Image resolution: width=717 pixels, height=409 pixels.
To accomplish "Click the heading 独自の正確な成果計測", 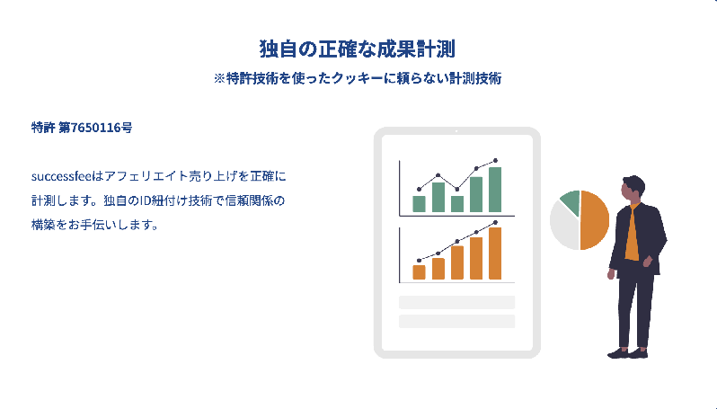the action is pyautogui.click(x=357, y=49).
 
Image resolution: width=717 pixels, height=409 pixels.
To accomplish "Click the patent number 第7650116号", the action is pyautogui.click(x=95, y=127).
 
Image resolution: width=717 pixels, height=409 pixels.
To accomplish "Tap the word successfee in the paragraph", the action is pyautogui.click(x=62, y=176).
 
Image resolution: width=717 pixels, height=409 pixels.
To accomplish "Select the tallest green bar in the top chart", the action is pyautogui.click(x=495, y=190).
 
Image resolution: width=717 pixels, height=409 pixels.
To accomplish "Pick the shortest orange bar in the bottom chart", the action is pyautogui.click(x=419, y=272).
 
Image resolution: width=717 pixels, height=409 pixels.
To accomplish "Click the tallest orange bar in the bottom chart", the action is pyautogui.click(x=495, y=253).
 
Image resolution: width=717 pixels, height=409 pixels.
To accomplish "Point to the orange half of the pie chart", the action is pyautogui.click(x=595, y=220).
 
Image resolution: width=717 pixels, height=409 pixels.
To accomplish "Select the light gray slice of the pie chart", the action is pyautogui.click(x=564, y=227).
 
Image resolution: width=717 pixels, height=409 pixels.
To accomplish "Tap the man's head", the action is pyautogui.click(x=633, y=188).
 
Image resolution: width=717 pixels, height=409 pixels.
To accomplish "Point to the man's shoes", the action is pyautogui.click(x=627, y=353).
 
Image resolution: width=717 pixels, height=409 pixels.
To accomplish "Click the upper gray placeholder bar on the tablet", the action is pyautogui.click(x=456, y=302).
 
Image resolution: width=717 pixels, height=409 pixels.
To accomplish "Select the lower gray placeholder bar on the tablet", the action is pyautogui.click(x=456, y=321).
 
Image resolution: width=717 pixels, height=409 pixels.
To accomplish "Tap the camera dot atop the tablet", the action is pyautogui.click(x=456, y=131).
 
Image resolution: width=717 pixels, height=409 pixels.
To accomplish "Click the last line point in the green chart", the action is pyautogui.click(x=495, y=161).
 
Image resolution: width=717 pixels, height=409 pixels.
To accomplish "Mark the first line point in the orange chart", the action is pyautogui.click(x=419, y=261).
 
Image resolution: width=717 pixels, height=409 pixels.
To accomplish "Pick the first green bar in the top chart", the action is pyautogui.click(x=419, y=204).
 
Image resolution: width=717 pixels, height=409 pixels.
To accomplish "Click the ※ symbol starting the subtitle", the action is pyautogui.click(x=219, y=79).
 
